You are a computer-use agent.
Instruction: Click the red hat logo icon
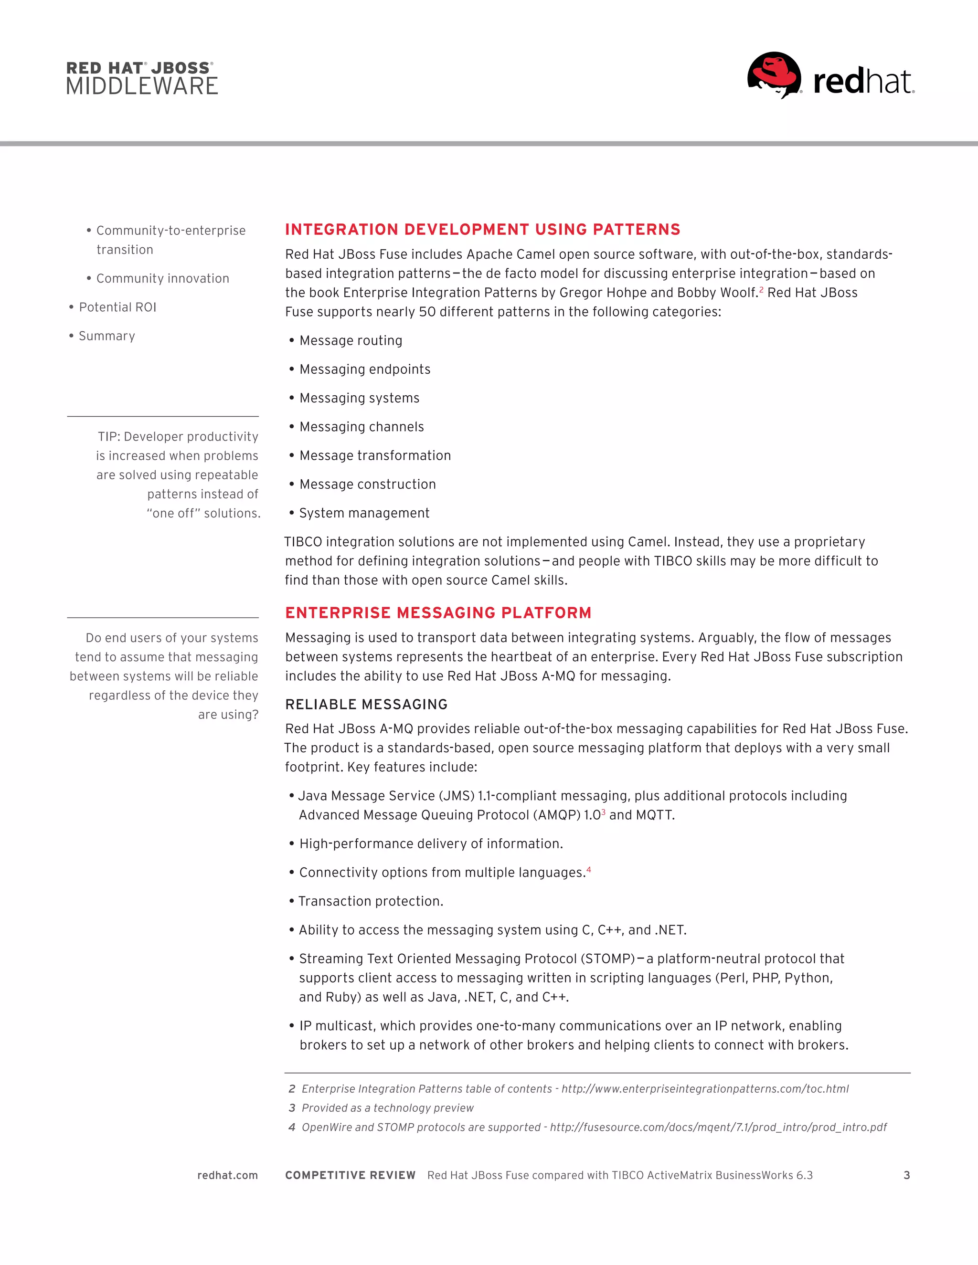[774, 75]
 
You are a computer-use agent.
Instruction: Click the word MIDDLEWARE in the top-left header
[142, 86]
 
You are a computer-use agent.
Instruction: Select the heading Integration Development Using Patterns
[482, 229]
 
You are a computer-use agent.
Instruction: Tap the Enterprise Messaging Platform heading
[438, 613]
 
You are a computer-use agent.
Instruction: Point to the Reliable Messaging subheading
[366, 704]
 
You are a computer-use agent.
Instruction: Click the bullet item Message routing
[351, 340]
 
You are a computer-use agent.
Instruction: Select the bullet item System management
[364, 513]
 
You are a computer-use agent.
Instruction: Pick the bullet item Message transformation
[375, 456]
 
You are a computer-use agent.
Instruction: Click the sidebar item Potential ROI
[117, 307]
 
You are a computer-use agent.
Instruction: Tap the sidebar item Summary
[106, 337]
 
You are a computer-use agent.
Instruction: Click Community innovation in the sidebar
[162, 279]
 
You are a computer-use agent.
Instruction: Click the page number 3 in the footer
[906, 1175]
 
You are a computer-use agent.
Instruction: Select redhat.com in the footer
[227, 1175]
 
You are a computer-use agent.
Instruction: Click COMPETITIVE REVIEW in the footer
[350, 1175]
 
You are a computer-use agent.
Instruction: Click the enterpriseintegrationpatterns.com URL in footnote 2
[704, 1089]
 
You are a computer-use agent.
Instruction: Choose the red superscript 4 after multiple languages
[589, 869]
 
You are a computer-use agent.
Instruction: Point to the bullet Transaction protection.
[370, 901]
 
